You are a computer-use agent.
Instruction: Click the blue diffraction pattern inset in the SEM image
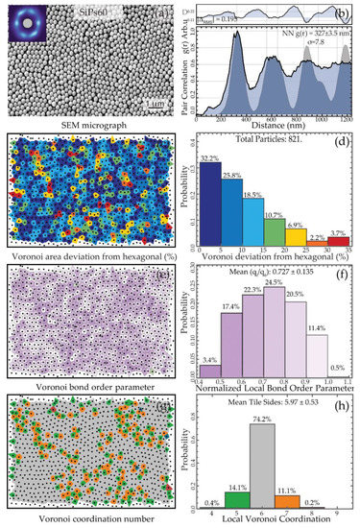click(23, 20)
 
